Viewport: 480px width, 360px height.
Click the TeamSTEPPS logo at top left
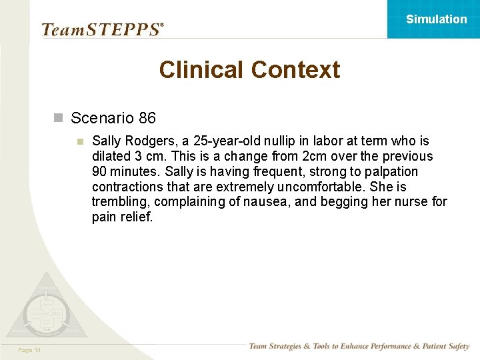pos(101,29)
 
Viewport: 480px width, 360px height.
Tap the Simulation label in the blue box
pos(437,19)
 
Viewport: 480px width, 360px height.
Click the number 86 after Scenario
pos(147,119)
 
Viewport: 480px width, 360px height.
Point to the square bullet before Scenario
pos(58,119)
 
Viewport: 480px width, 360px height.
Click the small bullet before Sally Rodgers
pos(80,141)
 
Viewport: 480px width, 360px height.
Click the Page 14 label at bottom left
pos(30,350)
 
